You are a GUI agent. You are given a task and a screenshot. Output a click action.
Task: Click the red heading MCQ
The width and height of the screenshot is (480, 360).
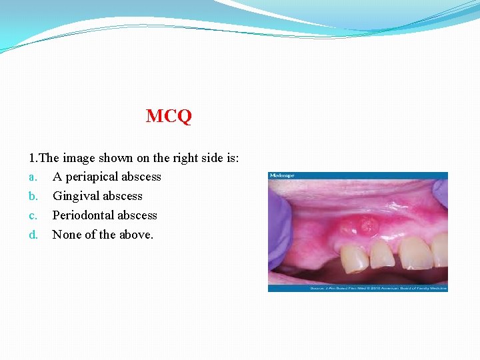coord(169,117)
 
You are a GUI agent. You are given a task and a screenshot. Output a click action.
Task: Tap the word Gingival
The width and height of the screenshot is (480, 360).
coord(75,196)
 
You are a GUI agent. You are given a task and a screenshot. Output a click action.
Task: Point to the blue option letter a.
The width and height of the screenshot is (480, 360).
coord(31,177)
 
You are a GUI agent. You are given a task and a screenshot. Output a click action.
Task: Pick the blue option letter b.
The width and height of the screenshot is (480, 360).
coord(32,196)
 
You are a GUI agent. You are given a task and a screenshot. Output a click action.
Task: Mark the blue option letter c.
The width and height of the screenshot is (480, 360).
coord(31,215)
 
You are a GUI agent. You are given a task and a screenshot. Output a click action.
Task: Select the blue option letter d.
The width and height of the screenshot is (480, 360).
coord(32,235)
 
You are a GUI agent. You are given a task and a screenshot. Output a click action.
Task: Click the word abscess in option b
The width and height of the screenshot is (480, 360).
coord(123,196)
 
